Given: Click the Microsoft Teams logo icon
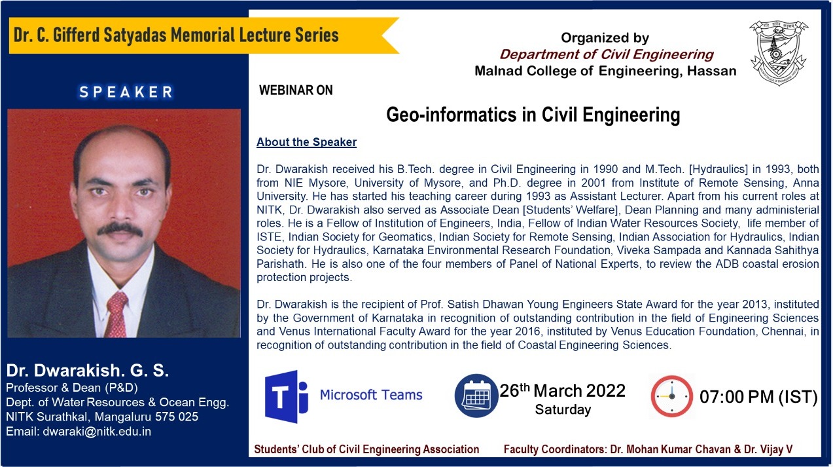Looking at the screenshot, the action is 287,396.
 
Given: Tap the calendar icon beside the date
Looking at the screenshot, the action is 476,396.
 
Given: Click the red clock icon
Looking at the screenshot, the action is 671,396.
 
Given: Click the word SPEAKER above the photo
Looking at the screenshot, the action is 126,92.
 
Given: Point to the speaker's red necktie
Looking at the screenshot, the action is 116,314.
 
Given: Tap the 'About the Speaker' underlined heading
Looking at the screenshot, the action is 306,142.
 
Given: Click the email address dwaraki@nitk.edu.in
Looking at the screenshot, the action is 97,432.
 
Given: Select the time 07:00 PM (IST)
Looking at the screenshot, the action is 758,397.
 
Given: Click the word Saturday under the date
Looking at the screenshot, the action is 563,410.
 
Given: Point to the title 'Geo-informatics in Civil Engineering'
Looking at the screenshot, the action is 533,114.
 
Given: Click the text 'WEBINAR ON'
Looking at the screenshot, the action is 296,90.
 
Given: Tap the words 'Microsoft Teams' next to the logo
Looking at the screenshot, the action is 371,395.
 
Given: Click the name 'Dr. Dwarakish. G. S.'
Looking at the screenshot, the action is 88,370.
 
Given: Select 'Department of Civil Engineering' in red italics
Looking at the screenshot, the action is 607,54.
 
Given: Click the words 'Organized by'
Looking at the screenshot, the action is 605,38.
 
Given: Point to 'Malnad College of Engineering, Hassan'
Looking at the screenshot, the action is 605,71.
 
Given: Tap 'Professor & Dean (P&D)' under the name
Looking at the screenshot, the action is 72,388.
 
